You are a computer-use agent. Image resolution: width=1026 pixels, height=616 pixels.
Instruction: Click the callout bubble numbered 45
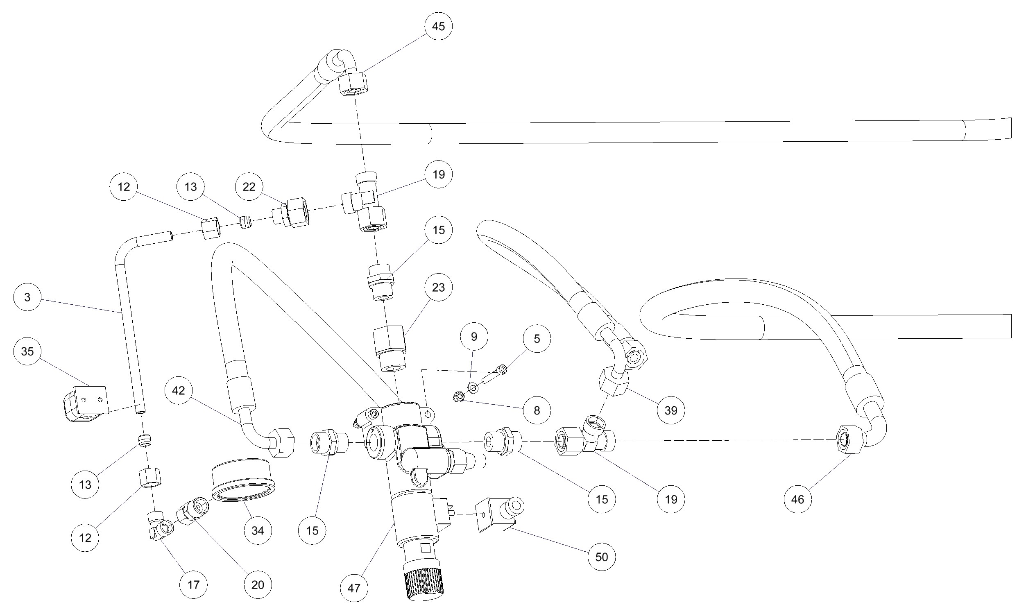pos(438,26)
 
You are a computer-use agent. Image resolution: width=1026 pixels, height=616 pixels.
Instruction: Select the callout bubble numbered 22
pos(249,187)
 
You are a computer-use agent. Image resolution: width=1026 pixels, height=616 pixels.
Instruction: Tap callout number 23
pos(438,287)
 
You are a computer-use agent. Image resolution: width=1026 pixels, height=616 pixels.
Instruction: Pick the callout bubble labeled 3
pos(27,297)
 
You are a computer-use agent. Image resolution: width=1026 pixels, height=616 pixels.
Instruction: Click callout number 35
pos(27,351)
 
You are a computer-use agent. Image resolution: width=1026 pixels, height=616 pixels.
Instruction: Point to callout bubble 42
pos(179,390)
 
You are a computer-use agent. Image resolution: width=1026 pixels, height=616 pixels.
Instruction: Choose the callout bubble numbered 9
pos(474,337)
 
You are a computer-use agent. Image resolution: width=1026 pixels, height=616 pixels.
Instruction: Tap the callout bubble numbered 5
pos(537,339)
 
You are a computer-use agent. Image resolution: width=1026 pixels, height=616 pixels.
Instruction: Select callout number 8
pos(537,410)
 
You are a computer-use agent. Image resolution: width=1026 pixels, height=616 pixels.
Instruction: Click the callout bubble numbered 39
pos(671,410)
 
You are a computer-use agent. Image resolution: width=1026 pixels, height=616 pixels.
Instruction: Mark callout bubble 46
pos(798,499)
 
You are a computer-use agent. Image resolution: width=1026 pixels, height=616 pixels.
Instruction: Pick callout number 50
pos(602,557)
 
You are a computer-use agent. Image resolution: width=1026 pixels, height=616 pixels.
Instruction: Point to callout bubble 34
pos(258,530)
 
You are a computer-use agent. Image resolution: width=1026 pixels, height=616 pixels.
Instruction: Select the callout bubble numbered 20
pos(258,585)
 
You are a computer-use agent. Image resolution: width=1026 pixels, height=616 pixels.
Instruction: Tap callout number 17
pos(193,585)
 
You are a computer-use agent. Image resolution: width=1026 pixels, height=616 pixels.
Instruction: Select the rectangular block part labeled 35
pos(86,403)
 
